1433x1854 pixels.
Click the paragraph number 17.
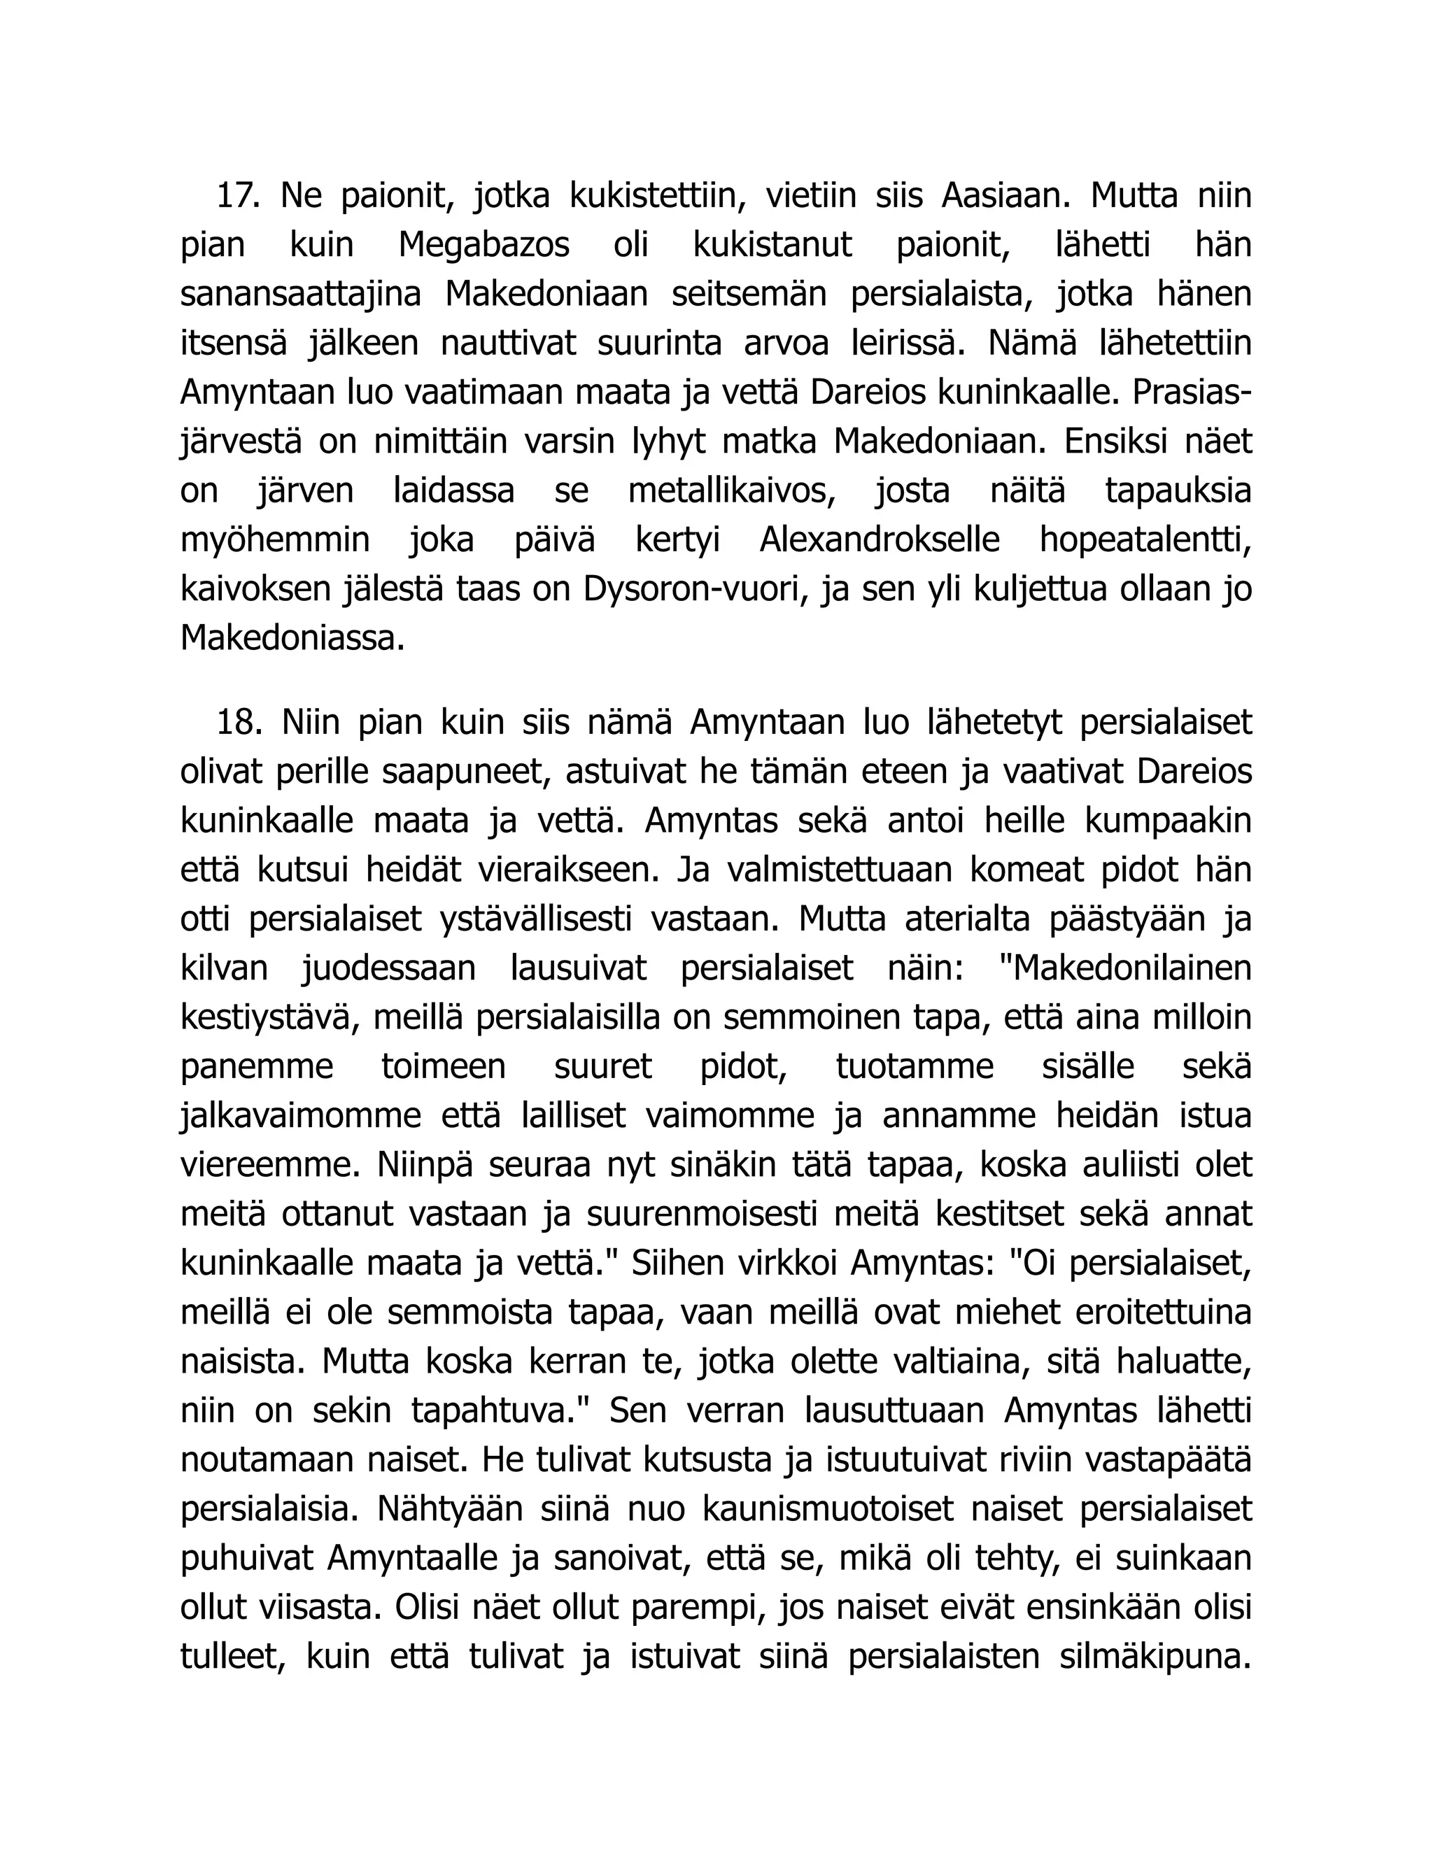237,196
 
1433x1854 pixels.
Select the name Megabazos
484,246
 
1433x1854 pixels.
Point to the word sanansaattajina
302,295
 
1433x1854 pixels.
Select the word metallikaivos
730,492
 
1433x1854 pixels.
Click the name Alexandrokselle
880,541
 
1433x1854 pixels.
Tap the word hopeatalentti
1145,541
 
